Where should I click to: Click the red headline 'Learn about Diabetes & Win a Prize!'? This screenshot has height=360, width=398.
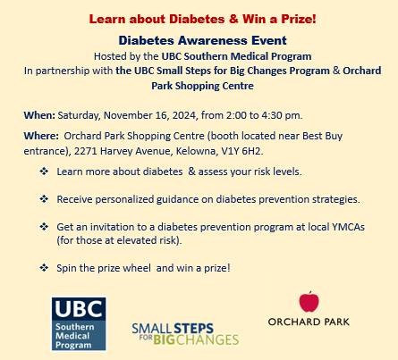click(199, 19)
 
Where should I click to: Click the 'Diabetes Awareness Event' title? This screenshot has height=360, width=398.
click(199, 40)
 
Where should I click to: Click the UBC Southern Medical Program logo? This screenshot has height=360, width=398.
click(79, 322)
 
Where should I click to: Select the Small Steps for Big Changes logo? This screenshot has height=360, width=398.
click(184, 333)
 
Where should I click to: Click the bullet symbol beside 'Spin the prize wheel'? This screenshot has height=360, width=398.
click(44, 267)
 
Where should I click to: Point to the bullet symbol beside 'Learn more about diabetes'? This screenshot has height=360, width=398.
click(44, 171)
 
